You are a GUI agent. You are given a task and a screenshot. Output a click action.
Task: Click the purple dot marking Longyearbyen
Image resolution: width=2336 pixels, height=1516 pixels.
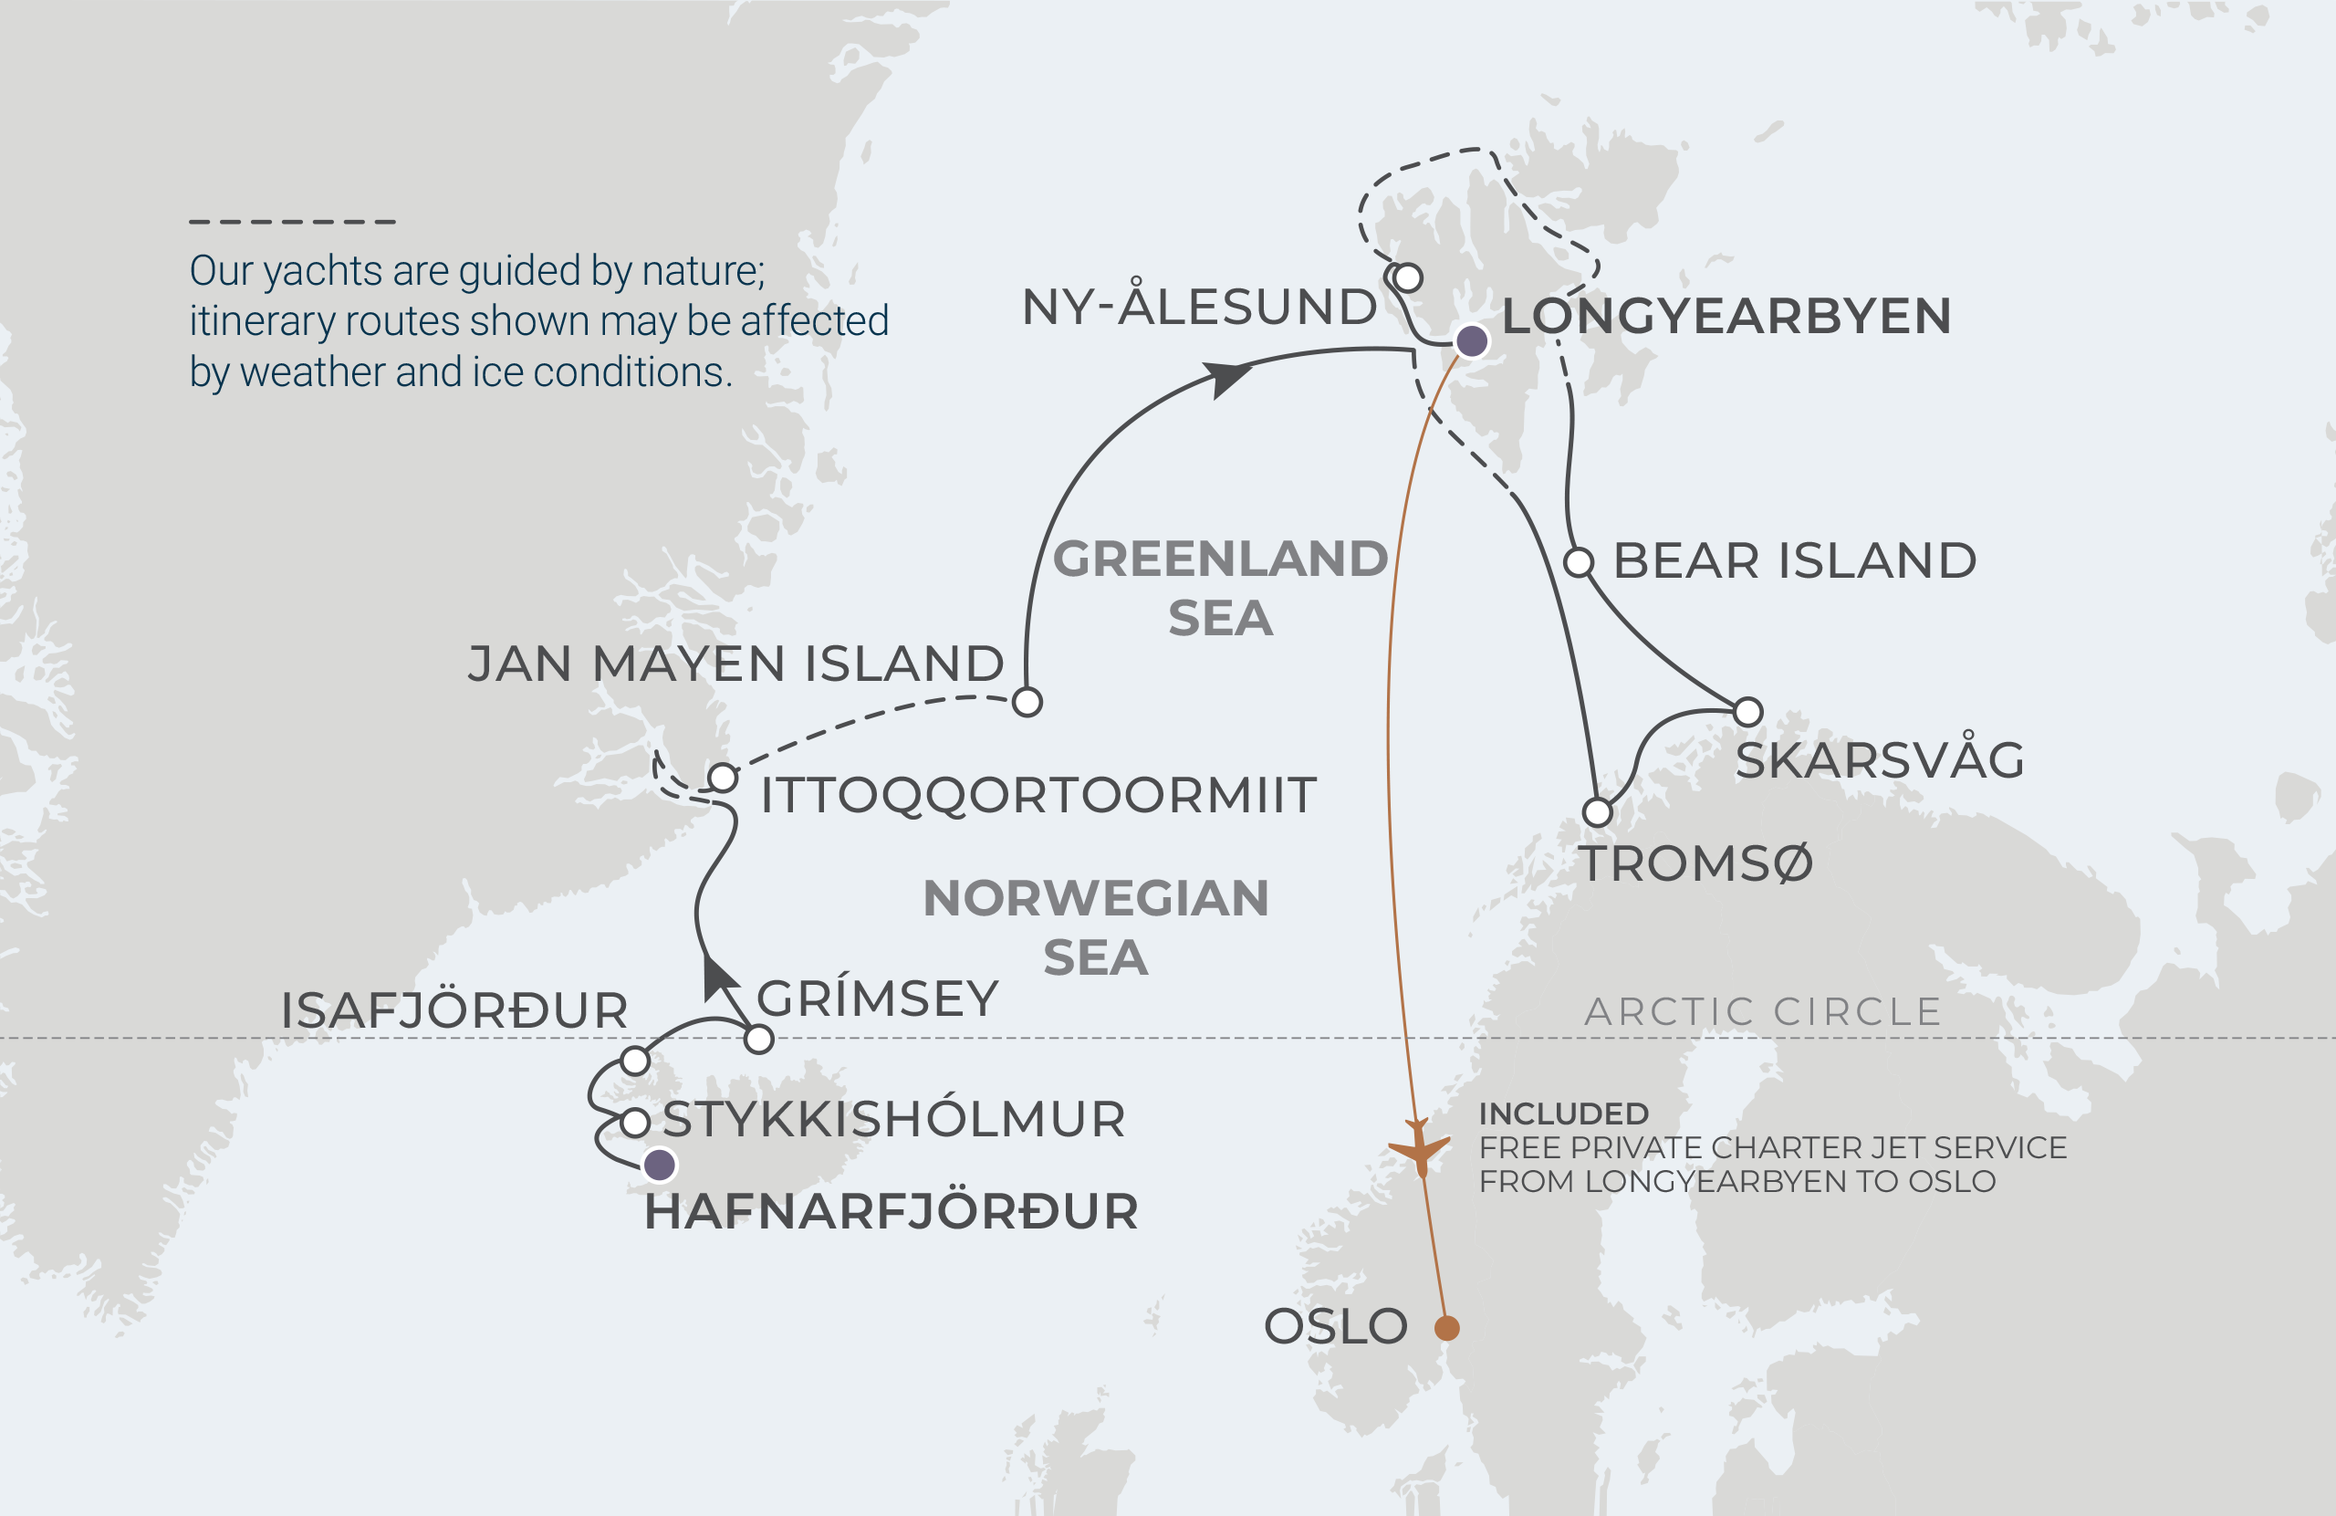point(1471,340)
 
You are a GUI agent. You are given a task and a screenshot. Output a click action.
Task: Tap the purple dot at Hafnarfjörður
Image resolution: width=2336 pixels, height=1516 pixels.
point(660,1166)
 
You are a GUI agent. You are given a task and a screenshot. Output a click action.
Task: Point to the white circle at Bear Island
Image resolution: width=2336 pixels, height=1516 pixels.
point(1579,562)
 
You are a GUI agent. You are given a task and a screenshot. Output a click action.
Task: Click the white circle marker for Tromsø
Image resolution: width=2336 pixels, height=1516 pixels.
point(1598,812)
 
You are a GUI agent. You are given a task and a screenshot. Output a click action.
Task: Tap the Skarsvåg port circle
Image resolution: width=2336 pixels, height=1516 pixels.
point(1748,711)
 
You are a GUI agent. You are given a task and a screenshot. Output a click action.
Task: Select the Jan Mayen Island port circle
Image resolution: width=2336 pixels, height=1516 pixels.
point(1027,702)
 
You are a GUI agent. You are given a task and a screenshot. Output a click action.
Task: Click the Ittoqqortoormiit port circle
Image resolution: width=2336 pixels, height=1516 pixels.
point(723,778)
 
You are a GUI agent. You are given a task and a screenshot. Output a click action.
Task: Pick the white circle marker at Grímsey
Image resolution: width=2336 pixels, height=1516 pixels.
point(758,1039)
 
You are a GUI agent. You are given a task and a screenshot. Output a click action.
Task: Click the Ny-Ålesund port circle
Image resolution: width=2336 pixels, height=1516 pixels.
point(1407,277)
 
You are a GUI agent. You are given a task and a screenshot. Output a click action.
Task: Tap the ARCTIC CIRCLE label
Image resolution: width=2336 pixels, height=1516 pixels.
point(1763,1011)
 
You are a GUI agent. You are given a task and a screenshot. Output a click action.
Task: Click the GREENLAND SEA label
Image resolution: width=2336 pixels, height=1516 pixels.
point(1220,587)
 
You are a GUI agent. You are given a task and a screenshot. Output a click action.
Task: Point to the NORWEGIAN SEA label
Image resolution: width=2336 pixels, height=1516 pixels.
point(1095,927)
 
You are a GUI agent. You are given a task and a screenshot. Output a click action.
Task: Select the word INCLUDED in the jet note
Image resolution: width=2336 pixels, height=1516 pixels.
point(1562,1113)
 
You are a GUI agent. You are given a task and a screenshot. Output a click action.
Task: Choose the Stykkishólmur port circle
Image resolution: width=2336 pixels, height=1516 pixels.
point(635,1123)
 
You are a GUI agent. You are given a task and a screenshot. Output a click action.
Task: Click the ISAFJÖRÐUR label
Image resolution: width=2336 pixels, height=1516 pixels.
point(454,1010)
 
